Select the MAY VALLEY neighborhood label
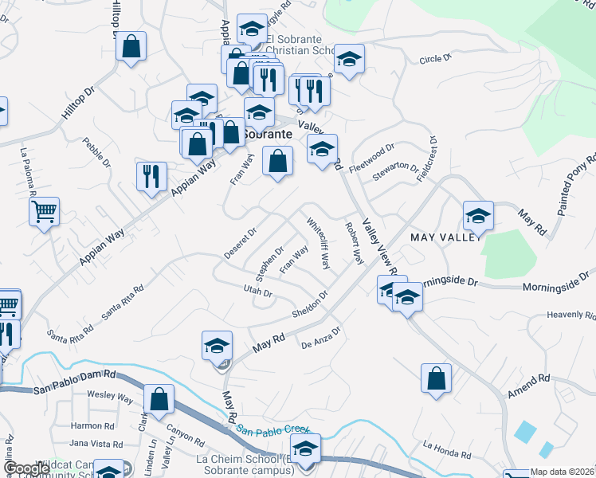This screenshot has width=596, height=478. point(447,237)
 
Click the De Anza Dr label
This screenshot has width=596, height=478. point(321,338)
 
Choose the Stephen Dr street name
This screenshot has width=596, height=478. point(269,263)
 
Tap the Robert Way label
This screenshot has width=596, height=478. point(354,244)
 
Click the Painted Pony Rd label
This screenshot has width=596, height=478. point(576,184)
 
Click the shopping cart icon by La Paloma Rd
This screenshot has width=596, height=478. point(44,212)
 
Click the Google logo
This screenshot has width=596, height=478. point(27,468)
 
